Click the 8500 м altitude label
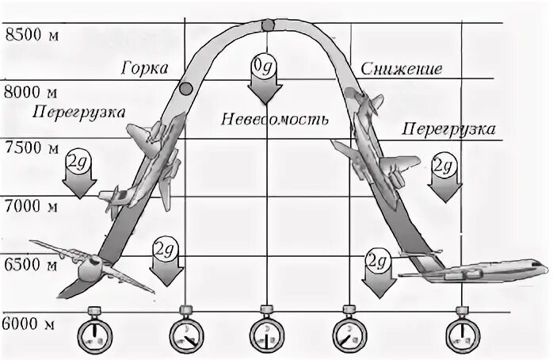click(31, 35)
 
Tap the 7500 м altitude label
click(31, 148)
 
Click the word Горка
click(145, 68)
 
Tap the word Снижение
click(400, 69)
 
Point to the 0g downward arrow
click(263, 79)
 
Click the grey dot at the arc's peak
click(268, 24)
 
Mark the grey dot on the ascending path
click(188, 89)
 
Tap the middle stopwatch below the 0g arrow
click(265, 331)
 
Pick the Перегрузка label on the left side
click(69, 113)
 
